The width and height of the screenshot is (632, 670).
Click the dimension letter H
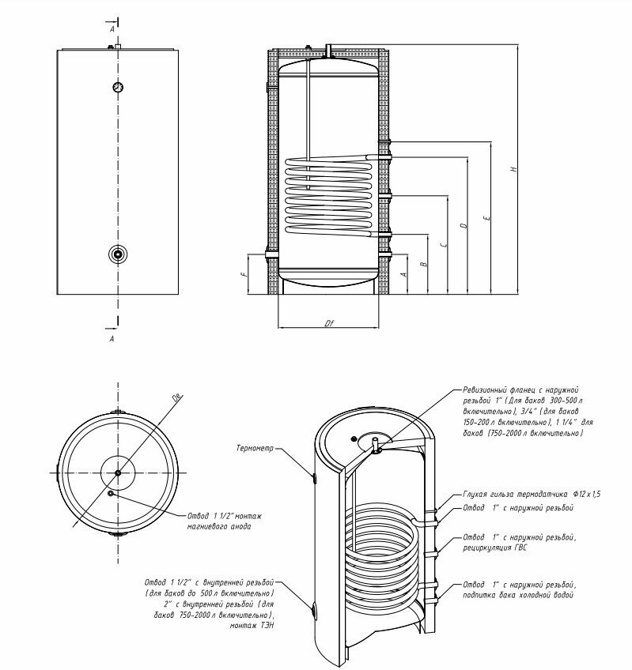click(513, 169)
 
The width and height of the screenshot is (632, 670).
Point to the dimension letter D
click(464, 226)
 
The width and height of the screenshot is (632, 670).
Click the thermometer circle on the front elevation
click(117, 88)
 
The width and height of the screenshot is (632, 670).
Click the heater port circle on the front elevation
click(117, 254)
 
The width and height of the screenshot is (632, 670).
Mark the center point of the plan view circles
click(118, 472)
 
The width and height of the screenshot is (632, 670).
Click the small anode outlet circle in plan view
click(110, 494)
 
